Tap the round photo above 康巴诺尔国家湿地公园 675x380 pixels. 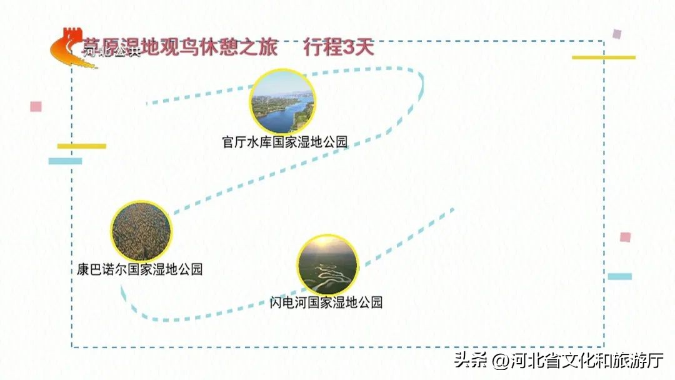[141, 231]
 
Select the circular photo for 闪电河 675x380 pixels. [327, 265]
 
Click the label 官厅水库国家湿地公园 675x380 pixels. [284, 142]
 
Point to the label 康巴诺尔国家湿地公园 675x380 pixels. [136, 270]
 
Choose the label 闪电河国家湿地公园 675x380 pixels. [326, 302]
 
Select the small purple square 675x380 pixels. [617, 34]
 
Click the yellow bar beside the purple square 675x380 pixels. [603, 57]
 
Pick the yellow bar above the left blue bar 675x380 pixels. [82, 146]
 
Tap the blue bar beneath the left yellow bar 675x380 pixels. [66, 161]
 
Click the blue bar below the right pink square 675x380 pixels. [619, 276]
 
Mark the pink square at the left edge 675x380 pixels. [36, 106]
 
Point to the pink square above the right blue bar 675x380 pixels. [625, 237]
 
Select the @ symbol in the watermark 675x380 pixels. [500, 361]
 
